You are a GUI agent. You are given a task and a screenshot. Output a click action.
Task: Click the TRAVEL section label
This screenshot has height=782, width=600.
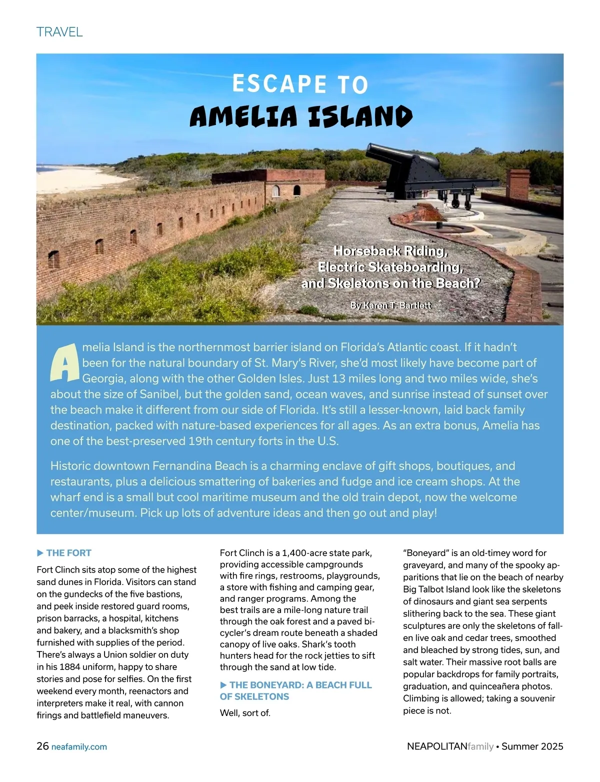[x=59, y=32]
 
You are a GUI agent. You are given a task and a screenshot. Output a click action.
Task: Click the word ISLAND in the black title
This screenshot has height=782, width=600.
[x=359, y=117]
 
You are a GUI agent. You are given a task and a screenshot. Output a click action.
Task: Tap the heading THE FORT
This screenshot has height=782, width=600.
[x=68, y=553]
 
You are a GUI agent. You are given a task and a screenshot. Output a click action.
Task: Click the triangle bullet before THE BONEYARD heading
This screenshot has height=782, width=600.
[x=223, y=685]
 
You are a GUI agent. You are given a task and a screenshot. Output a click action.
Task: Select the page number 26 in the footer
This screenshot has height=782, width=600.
[x=42, y=746]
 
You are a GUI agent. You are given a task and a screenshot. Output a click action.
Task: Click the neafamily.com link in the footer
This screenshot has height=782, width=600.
[x=79, y=747]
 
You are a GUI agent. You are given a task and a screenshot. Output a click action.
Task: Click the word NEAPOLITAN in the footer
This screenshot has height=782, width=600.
[x=437, y=746]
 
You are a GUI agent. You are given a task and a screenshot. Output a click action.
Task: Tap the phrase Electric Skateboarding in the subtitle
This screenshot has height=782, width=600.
[x=389, y=267]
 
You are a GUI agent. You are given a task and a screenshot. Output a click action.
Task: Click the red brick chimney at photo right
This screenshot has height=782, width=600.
[x=516, y=185]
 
